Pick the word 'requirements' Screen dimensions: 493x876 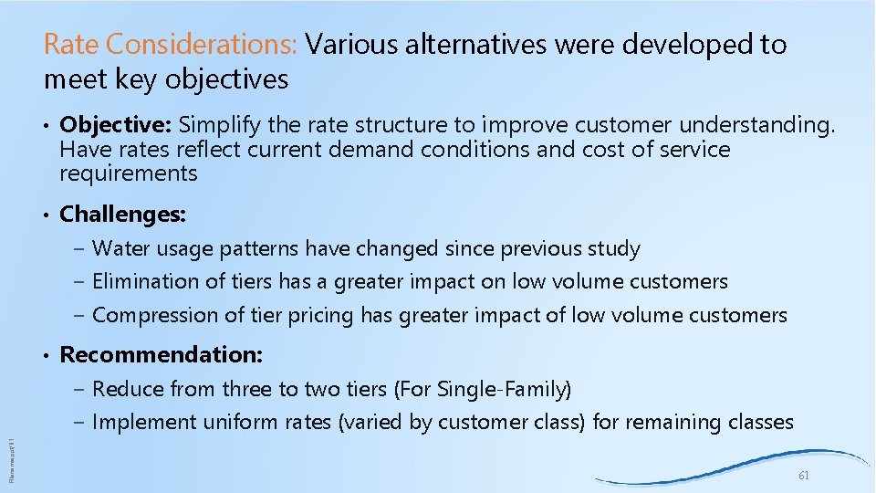tap(128, 173)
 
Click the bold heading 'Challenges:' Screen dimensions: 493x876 tap(123, 215)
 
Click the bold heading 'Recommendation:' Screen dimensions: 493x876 tap(161, 354)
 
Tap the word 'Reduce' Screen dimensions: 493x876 tap(126, 389)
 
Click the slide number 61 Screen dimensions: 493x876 tap(804, 477)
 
